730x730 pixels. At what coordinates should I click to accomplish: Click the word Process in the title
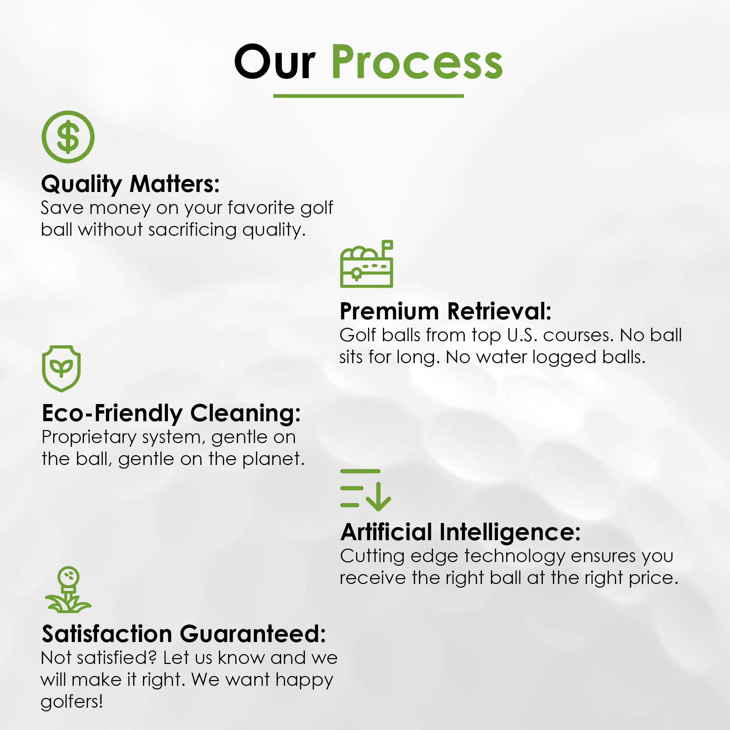click(x=417, y=62)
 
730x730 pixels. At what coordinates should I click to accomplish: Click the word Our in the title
click(x=275, y=62)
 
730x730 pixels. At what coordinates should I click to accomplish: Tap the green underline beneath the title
click(x=368, y=96)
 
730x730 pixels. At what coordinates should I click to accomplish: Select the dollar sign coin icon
click(x=68, y=137)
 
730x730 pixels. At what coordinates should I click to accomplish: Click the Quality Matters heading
click(x=130, y=184)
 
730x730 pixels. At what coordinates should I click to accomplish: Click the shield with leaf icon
click(x=61, y=368)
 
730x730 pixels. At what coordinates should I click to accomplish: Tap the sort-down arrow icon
click(x=365, y=490)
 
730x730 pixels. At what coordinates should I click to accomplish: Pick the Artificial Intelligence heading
click(x=460, y=533)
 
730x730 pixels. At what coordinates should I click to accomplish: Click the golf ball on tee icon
click(x=68, y=589)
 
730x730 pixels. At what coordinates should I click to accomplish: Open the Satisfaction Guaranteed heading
click(x=184, y=634)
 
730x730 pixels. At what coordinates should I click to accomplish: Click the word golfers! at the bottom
click(x=72, y=702)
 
